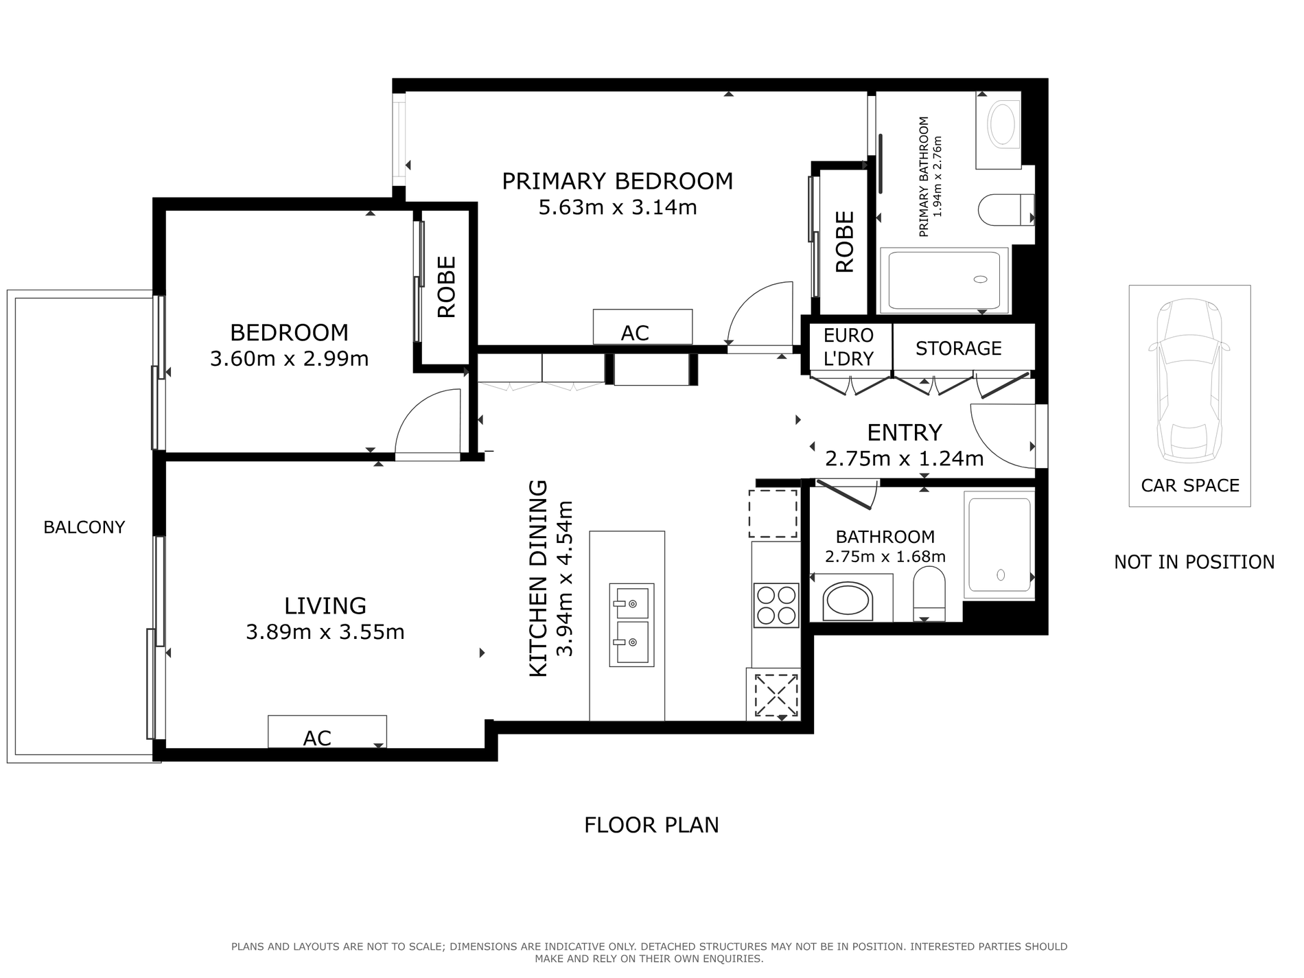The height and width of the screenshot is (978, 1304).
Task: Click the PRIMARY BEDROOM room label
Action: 618,181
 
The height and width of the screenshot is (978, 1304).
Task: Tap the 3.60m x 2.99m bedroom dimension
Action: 290,359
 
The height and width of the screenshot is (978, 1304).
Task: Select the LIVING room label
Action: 325,605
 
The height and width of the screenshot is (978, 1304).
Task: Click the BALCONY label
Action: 84,527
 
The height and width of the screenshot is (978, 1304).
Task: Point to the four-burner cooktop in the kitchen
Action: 776,605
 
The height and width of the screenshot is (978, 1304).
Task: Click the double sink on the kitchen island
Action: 631,625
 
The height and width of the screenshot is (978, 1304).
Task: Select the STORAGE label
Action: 959,349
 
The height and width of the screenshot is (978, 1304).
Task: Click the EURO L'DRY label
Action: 849,347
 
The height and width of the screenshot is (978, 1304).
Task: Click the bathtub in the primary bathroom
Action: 944,280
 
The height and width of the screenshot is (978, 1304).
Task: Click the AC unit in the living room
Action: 327,732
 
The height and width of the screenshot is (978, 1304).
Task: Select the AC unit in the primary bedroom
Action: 642,327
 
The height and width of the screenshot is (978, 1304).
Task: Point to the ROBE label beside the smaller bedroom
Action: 447,287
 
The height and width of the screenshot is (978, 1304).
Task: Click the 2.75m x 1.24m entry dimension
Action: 905,458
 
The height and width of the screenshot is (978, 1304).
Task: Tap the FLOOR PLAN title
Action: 651,825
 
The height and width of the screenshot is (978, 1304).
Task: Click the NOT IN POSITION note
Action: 1194,562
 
